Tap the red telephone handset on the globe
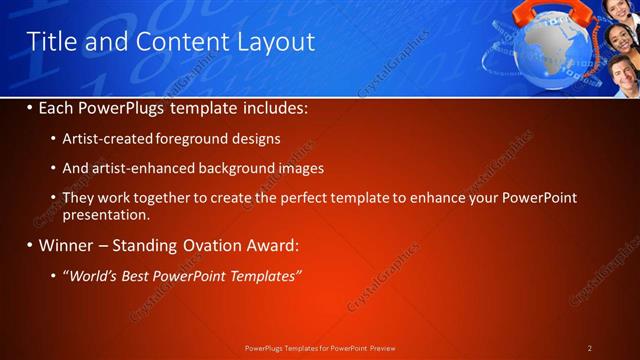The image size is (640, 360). click(x=553, y=13)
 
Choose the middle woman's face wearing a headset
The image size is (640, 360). click(x=620, y=41)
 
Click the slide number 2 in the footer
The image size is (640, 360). click(x=590, y=348)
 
